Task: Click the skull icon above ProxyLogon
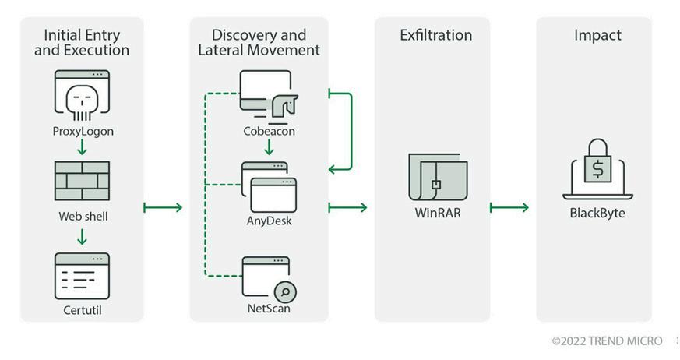pos(82,102)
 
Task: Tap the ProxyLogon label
pos(83,131)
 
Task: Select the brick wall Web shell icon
pos(82,181)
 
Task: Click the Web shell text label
pos(83,216)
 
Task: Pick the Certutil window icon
pos(82,277)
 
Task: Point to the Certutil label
pos(83,310)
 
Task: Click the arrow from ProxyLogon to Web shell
pos(82,147)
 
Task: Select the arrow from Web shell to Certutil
pos(82,237)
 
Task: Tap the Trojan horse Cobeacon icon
pos(269,94)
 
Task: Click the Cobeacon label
pos(269,131)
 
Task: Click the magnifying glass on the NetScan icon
pos(285,292)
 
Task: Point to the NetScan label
pos(269,309)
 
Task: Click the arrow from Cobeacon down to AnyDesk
pos(269,147)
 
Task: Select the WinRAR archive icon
pos(438,177)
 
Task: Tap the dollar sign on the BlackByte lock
pos(597,169)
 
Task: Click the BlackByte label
pos(597,213)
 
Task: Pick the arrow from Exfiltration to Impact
pos(509,208)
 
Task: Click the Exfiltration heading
pos(436,35)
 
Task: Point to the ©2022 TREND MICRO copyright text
pos(607,341)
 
